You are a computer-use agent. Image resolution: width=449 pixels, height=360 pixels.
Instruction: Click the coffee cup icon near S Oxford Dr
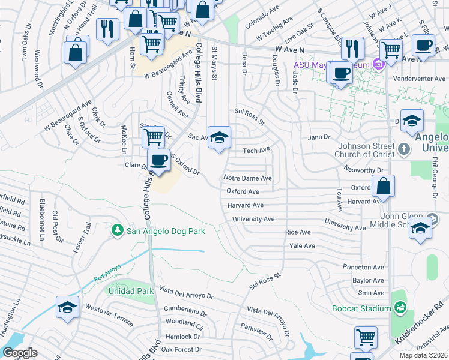(x=159, y=160)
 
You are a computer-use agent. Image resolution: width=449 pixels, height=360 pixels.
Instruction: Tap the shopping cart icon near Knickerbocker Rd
(x=366, y=338)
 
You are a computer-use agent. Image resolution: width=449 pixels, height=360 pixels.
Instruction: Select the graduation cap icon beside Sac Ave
(x=219, y=137)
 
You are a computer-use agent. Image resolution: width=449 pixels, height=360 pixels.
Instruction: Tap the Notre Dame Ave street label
(x=247, y=178)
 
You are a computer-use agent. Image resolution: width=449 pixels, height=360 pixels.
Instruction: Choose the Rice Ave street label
(x=298, y=232)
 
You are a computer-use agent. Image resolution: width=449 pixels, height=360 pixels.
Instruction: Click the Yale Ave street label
(x=302, y=246)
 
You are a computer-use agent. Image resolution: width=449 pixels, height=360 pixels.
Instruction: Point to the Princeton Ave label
(x=363, y=267)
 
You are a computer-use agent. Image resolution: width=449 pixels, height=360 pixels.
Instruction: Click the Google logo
(x=20, y=352)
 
